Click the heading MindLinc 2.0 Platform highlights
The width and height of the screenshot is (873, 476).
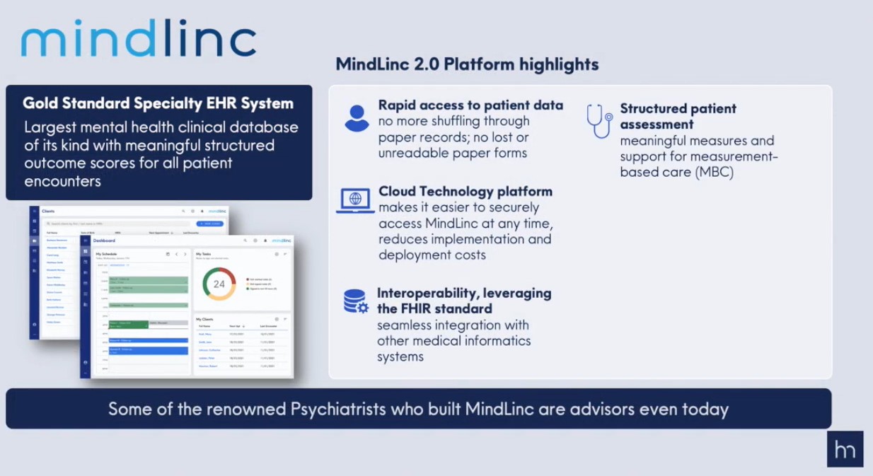coord(467,64)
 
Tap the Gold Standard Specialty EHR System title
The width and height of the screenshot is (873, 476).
coord(158,103)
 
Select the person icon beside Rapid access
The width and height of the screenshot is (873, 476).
coord(357,117)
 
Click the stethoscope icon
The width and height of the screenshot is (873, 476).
coord(599,121)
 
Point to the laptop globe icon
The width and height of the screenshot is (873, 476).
coord(355,200)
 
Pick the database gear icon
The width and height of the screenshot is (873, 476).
coord(356,301)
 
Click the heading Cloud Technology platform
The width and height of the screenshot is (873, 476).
coord(466,192)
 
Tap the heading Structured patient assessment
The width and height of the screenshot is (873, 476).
coord(678,116)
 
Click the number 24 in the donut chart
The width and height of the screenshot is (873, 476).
coord(219,284)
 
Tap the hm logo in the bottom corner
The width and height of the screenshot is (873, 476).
coord(845,449)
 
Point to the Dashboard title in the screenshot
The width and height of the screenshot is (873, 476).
coord(105,240)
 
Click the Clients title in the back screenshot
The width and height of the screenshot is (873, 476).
coord(48,211)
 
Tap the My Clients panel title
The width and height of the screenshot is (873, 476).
coord(204,319)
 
